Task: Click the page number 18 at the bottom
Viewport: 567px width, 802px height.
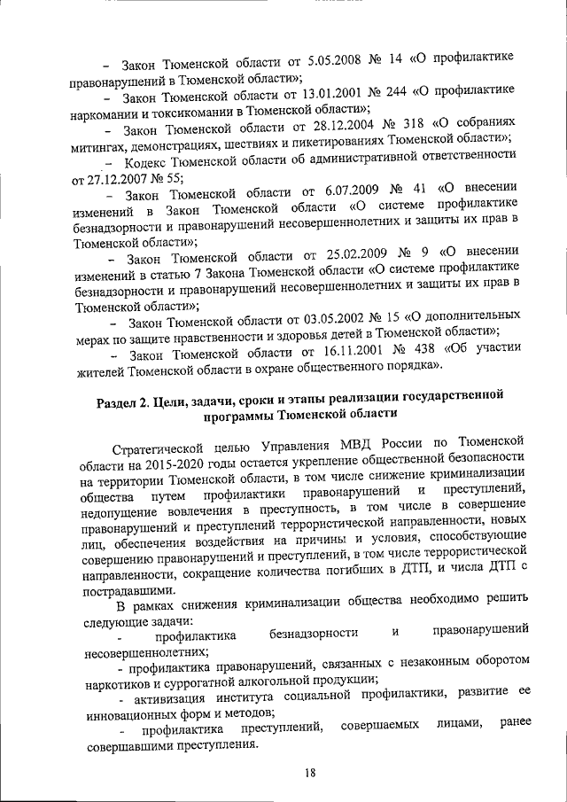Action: (x=310, y=772)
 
